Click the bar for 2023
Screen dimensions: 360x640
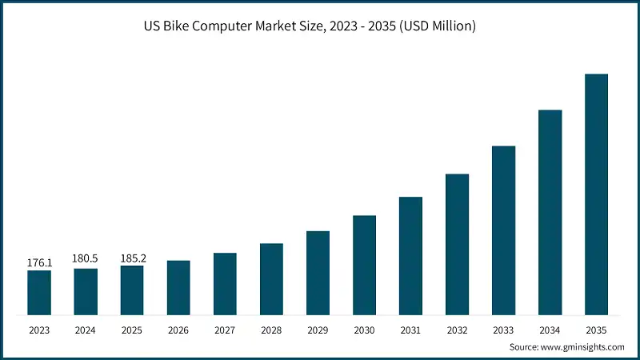pos(39,293)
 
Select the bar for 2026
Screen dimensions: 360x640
pos(178,287)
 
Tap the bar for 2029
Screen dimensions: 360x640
pos(318,273)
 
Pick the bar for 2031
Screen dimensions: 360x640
pos(410,256)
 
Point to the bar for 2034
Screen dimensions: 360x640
pos(550,212)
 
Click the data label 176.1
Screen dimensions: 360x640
pos(39,262)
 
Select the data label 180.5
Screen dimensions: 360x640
pos(86,259)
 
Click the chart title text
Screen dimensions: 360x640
pos(320,26)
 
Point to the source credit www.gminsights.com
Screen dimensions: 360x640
pos(566,347)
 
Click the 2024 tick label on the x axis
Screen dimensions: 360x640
pos(86,330)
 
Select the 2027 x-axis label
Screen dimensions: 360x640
pos(225,330)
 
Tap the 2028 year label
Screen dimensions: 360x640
pos(271,330)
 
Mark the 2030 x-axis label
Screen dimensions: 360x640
pos(364,330)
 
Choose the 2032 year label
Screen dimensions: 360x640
pos(457,330)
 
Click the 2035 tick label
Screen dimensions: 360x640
pos(596,330)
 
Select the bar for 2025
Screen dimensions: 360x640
pos(132,290)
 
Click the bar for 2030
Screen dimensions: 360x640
pos(364,265)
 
